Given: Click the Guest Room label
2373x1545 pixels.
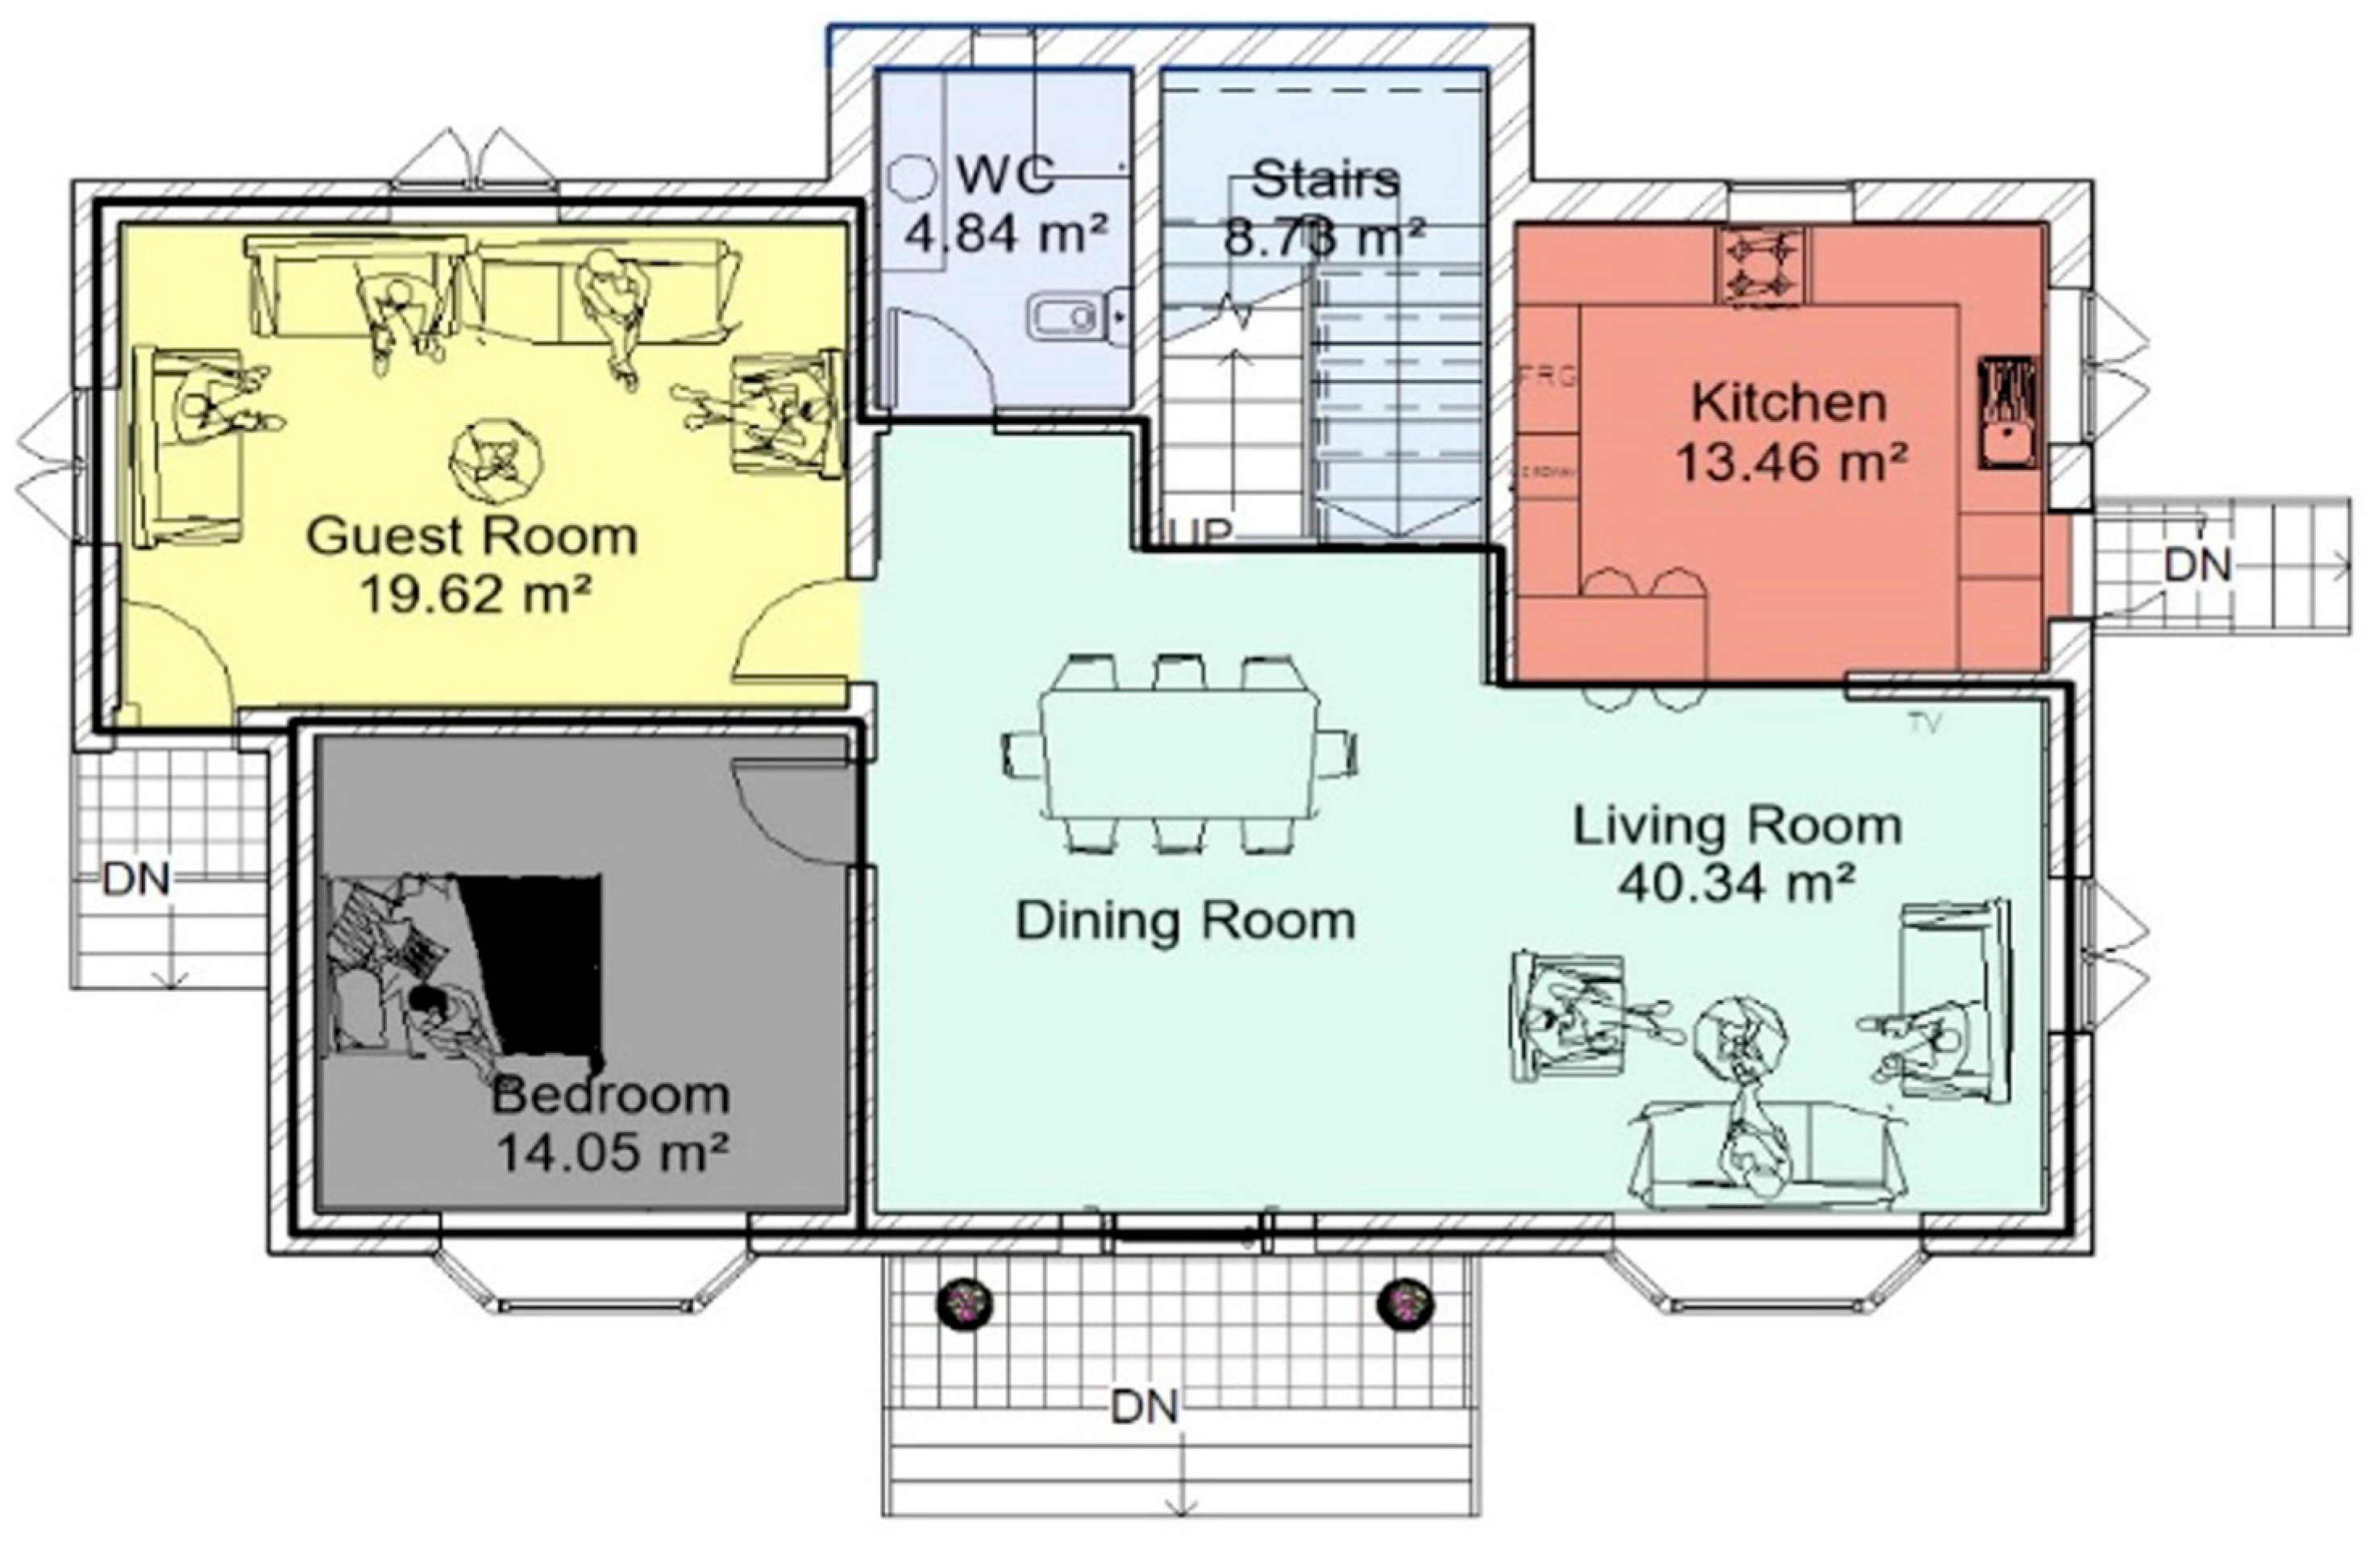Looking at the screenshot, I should click(x=472, y=536).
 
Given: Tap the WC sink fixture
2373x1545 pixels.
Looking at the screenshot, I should click(x=1062, y=317).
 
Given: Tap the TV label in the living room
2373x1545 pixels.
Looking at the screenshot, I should click(x=1924, y=723).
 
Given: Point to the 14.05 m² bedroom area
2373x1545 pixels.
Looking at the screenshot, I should click(x=611, y=1154).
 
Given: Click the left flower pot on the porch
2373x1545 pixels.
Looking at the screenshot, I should click(x=964, y=1301).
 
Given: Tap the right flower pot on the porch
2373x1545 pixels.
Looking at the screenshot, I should click(x=1405, y=1301).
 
